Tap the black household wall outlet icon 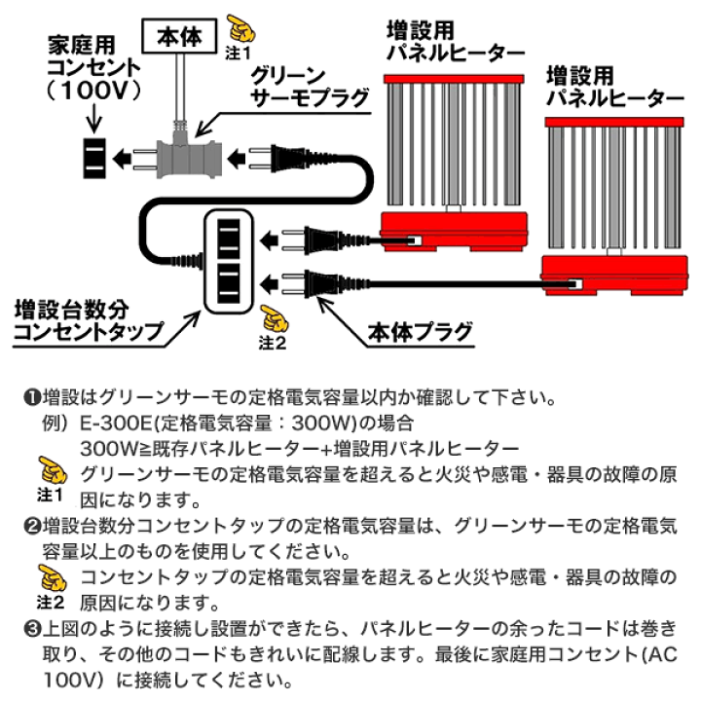pyautogui.click(x=94, y=157)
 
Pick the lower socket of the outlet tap pyautogui.click(x=229, y=284)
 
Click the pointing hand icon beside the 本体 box pyautogui.click(x=237, y=26)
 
